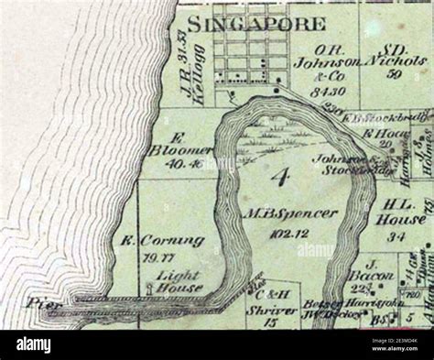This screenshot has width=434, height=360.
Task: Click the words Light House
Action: pyautogui.click(x=179, y=280)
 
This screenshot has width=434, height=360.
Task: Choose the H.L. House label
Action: pyautogui.click(x=404, y=213)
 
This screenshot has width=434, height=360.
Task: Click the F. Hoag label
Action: pyautogui.click(x=377, y=133)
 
